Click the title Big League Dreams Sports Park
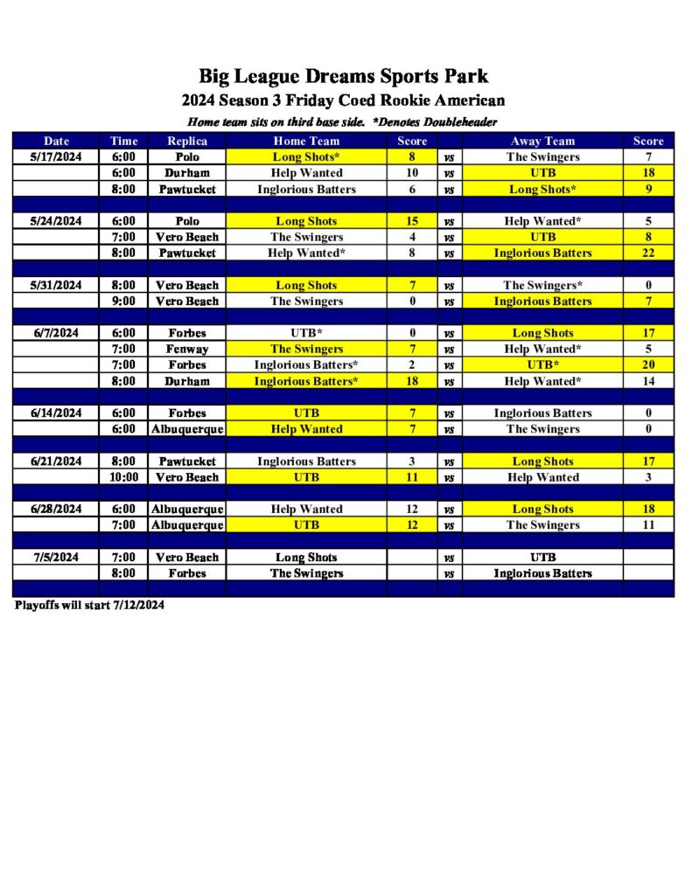(x=343, y=76)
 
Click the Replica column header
(x=187, y=141)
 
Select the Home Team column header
(x=306, y=141)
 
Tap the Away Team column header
(x=542, y=141)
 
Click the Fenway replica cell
(x=187, y=349)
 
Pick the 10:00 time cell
(x=124, y=477)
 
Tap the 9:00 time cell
(x=124, y=301)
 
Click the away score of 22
(x=648, y=253)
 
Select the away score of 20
(x=648, y=364)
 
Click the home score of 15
(x=412, y=221)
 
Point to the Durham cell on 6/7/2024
(x=187, y=381)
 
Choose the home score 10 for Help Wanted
(x=412, y=173)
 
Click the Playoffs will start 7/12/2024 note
(x=89, y=605)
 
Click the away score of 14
(x=648, y=381)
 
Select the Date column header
(x=57, y=141)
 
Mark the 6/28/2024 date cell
(x=57, y=509)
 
